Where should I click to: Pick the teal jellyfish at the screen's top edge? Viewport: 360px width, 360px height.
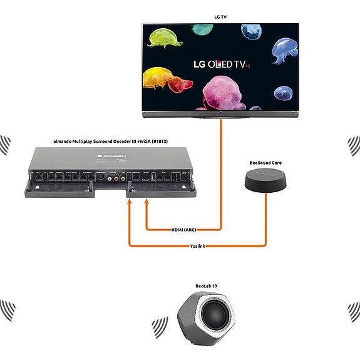click(202, 29)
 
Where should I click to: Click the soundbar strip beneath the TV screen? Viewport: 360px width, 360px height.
click(220, 114)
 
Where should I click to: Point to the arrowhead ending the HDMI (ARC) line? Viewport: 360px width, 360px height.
click(147, 202)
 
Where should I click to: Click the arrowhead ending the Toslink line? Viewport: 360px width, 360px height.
click(130, 202)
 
